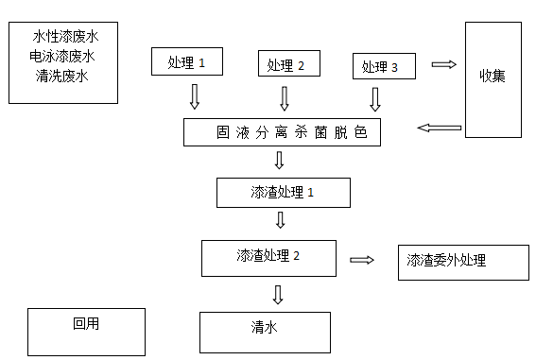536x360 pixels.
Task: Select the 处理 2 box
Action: point(288,64)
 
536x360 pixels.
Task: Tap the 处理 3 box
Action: point(382,67)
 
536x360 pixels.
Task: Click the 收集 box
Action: point(492,76)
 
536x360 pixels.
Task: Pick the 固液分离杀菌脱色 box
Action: point(282,132)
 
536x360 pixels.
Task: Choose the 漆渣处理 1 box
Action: point(283,192)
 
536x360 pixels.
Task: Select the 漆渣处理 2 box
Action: point(268,256)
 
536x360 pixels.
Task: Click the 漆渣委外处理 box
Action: point(462,261)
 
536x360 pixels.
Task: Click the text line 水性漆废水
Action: point(65,37)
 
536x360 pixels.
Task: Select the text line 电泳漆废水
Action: point(61,56)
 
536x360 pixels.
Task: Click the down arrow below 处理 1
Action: point(195,96)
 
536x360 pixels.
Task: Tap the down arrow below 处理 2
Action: point(285,98)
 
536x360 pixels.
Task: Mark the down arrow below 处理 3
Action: point(375,99)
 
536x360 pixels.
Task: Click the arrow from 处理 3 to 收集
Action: point(442,64)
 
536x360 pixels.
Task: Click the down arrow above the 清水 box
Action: point(278,294)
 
